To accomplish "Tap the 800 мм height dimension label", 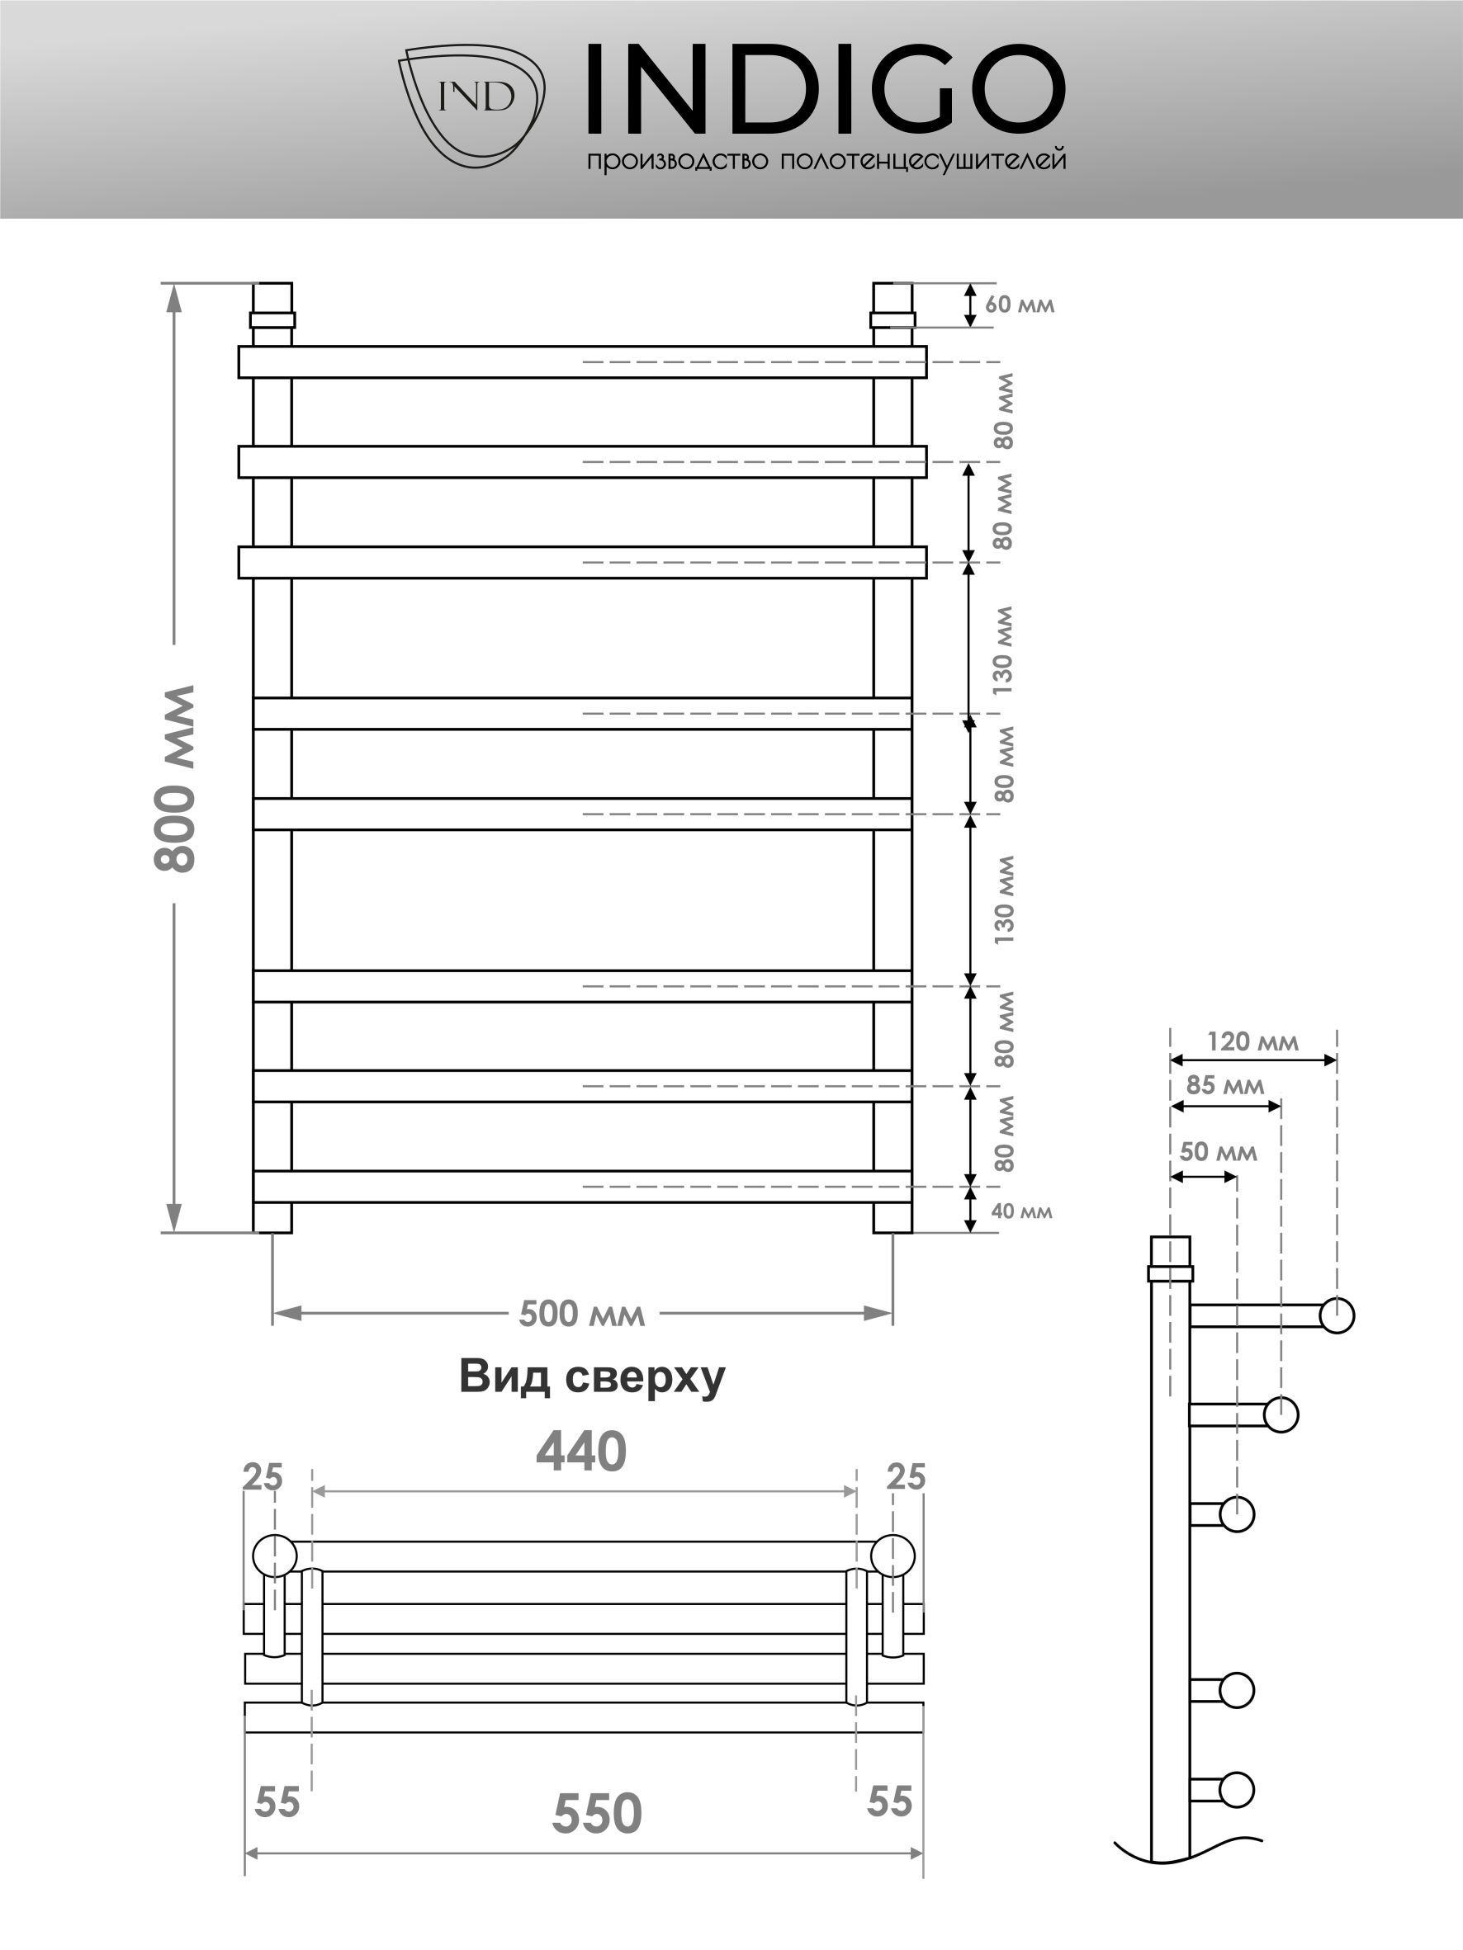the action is (174, 778).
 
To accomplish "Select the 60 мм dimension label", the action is (1020, 305).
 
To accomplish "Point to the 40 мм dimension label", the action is (1022, 1211).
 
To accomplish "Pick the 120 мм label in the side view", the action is (1252, 1042).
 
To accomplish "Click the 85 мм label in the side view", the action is (1225, 1084).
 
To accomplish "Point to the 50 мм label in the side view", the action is (1218, 1151).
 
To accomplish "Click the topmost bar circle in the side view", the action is (1337, 1315).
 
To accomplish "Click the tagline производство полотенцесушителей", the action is (826, 159).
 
